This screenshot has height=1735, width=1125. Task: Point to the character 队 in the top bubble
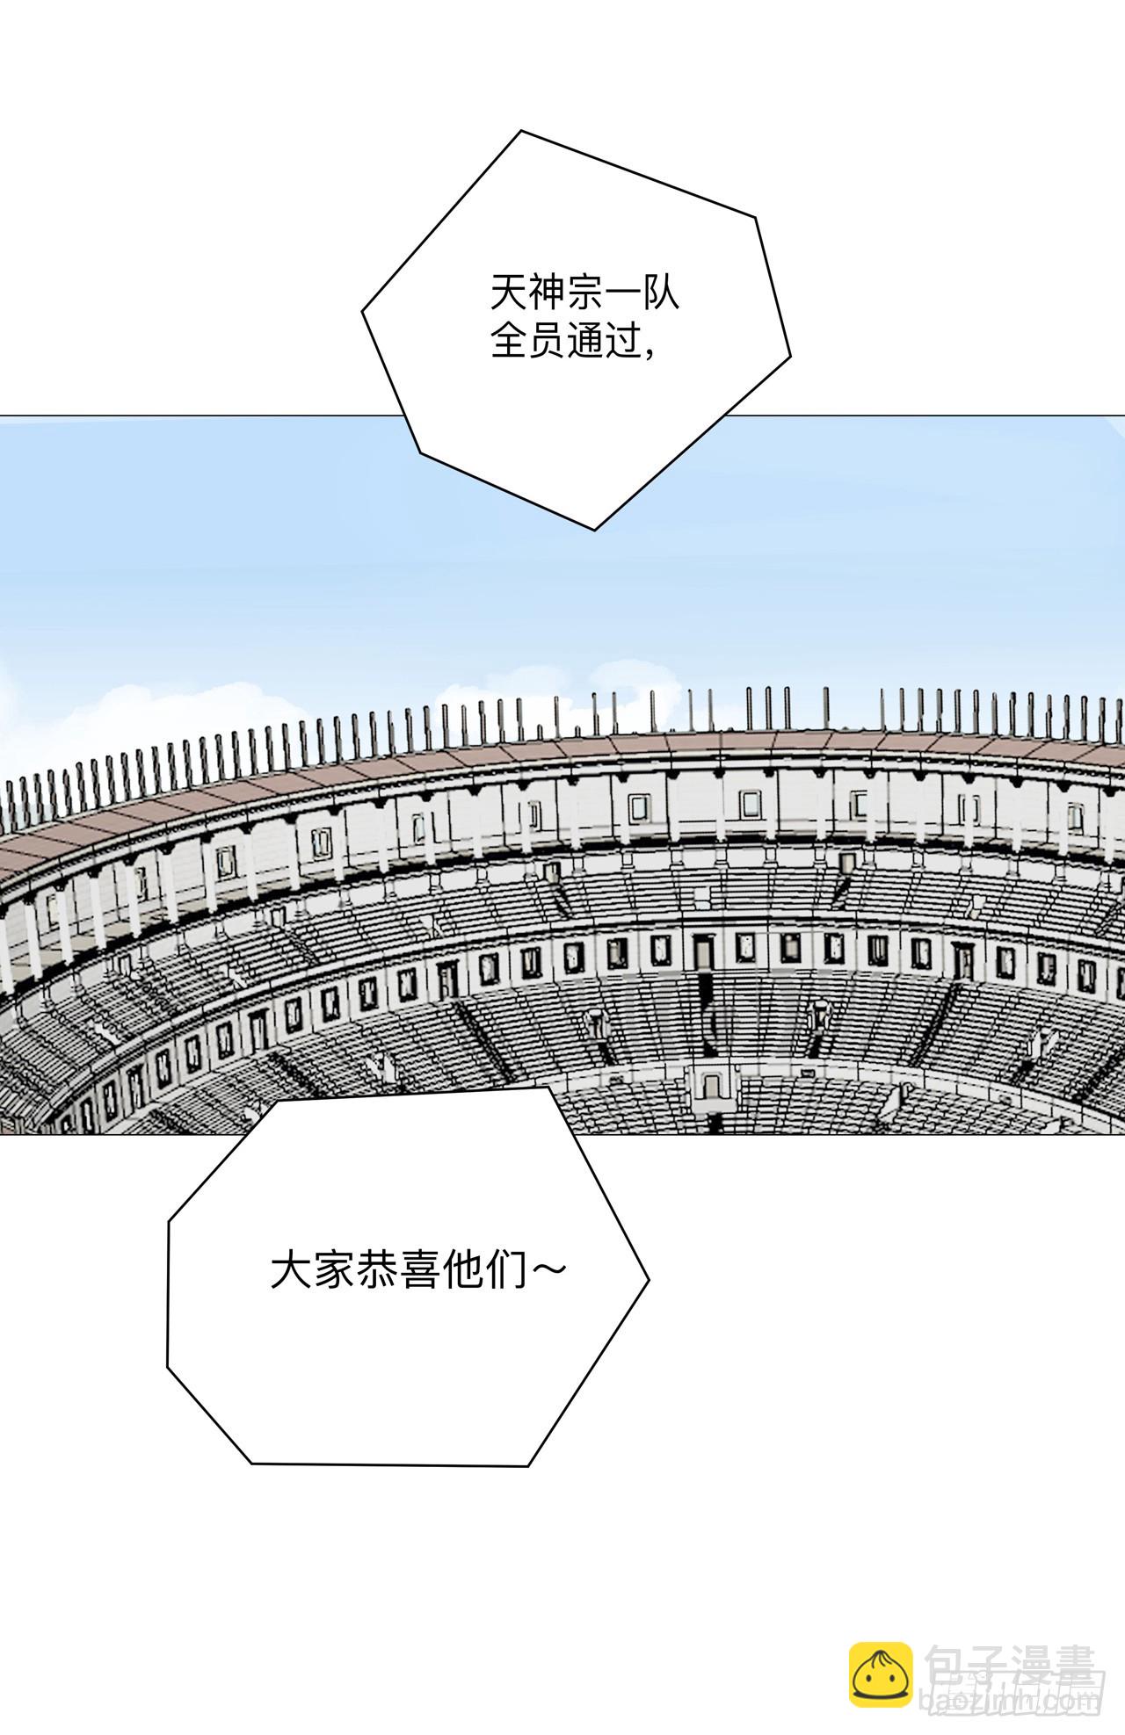click(661, 294)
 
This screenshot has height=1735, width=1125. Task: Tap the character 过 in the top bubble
click(622, 342)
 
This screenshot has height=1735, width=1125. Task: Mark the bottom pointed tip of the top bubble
click(595, 529)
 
